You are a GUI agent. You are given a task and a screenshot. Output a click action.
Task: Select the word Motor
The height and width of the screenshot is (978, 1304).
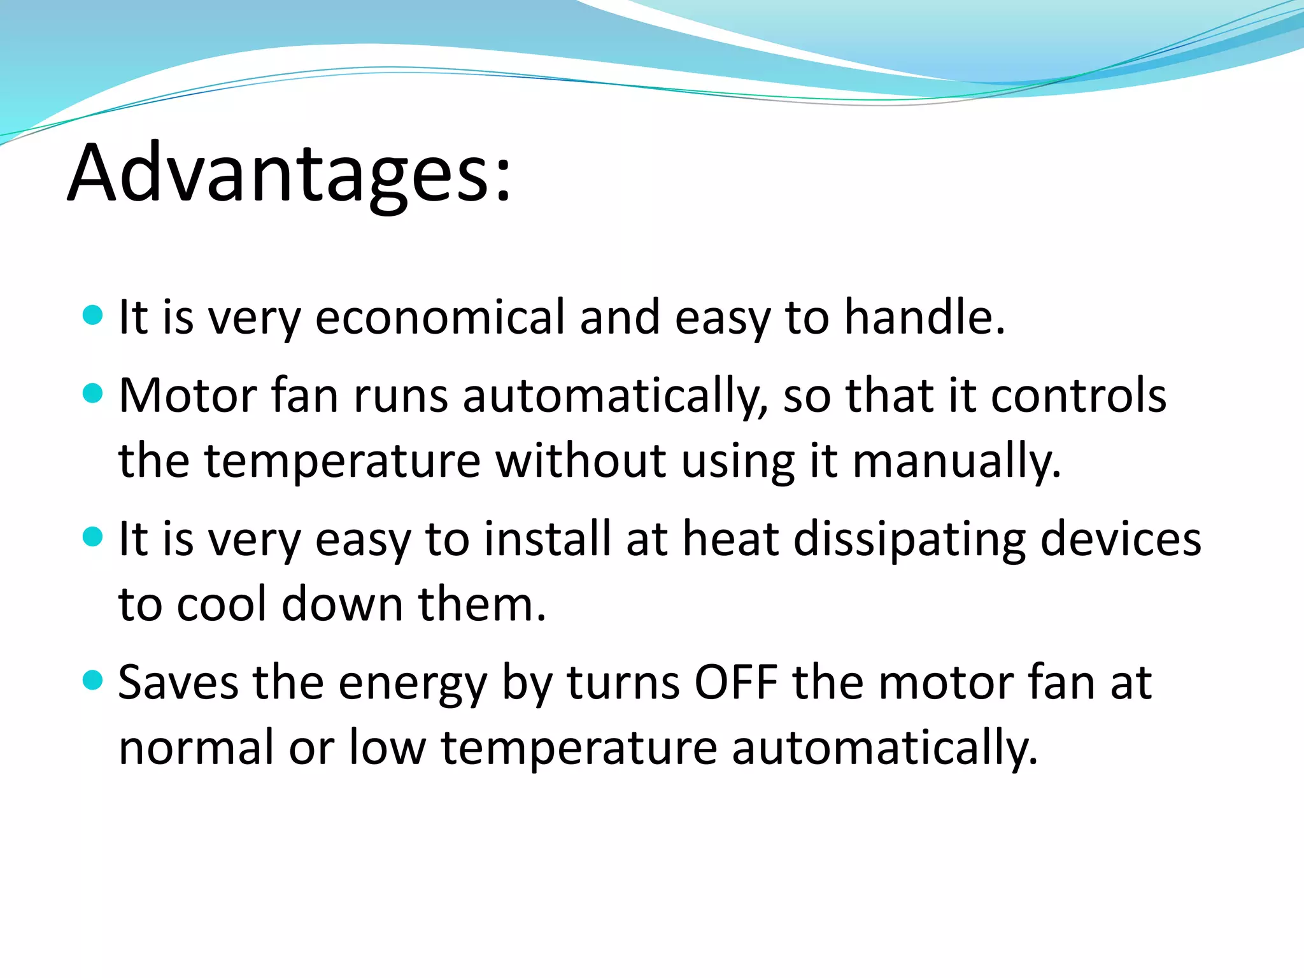point(187,396)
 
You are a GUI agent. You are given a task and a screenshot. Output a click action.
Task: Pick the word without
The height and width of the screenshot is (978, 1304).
point(580,461)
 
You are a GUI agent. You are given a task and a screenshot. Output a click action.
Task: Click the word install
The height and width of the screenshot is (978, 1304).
point(547,539)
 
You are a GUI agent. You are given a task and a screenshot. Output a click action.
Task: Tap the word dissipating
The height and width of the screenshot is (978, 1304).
point(910,539)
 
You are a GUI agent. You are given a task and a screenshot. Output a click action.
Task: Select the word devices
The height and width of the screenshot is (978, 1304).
point(1121,539)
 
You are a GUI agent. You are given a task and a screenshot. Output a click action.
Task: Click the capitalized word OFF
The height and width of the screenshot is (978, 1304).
point(735,683)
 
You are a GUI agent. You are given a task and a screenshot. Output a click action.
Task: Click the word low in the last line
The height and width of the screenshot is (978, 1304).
point(387,748)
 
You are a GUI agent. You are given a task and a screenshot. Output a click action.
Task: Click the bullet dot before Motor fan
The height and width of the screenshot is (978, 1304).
point(93,393)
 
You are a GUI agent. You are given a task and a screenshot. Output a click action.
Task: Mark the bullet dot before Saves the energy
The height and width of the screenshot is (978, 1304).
point(93,680)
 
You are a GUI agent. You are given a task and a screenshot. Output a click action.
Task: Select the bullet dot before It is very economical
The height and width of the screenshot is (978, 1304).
point(93,315)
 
